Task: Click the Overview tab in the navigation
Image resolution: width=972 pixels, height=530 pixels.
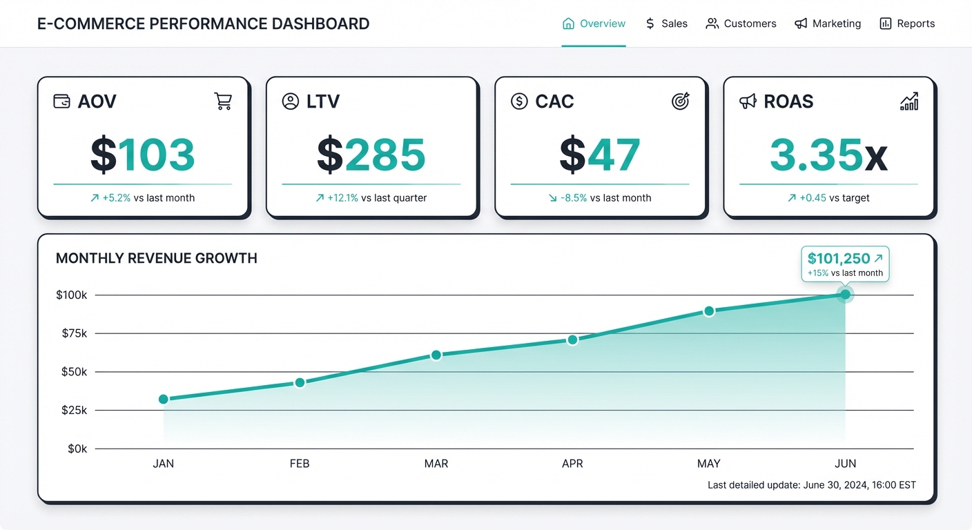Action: [x=594, y=23]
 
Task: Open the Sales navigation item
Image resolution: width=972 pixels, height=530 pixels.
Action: [x=666, y=23]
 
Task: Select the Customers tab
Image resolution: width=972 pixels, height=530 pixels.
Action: [x=741, y=23]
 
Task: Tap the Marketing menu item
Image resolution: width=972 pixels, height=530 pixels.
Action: [x=828, y=23]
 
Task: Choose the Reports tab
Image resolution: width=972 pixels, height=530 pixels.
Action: [x=907, y=23]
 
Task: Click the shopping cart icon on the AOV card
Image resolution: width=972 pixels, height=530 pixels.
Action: [x=223, y=101]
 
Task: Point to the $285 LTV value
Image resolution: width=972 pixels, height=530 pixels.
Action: [x=371, y=155]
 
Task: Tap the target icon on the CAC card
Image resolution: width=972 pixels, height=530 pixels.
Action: [x=681, y=101]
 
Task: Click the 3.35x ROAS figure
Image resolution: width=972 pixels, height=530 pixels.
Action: [x=828, y=155]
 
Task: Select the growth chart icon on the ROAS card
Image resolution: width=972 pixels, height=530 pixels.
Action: [x=909, y=101]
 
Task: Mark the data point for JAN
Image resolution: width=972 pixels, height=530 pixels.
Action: [x=164, y=399]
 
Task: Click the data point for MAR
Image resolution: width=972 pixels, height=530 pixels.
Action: [x=436, y=355]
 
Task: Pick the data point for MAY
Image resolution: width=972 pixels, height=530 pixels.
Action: [x=709, y=311]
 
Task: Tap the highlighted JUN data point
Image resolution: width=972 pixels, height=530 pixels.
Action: [x=845, y=295]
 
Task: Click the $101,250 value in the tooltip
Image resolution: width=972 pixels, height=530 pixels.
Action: [x=839, y=259]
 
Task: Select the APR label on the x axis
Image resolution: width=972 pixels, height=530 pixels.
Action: [x=572, y=464]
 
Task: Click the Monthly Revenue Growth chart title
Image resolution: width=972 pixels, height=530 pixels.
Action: [x=157, y=258]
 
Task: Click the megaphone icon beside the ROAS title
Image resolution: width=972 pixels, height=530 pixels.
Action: [x=748, y=101]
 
